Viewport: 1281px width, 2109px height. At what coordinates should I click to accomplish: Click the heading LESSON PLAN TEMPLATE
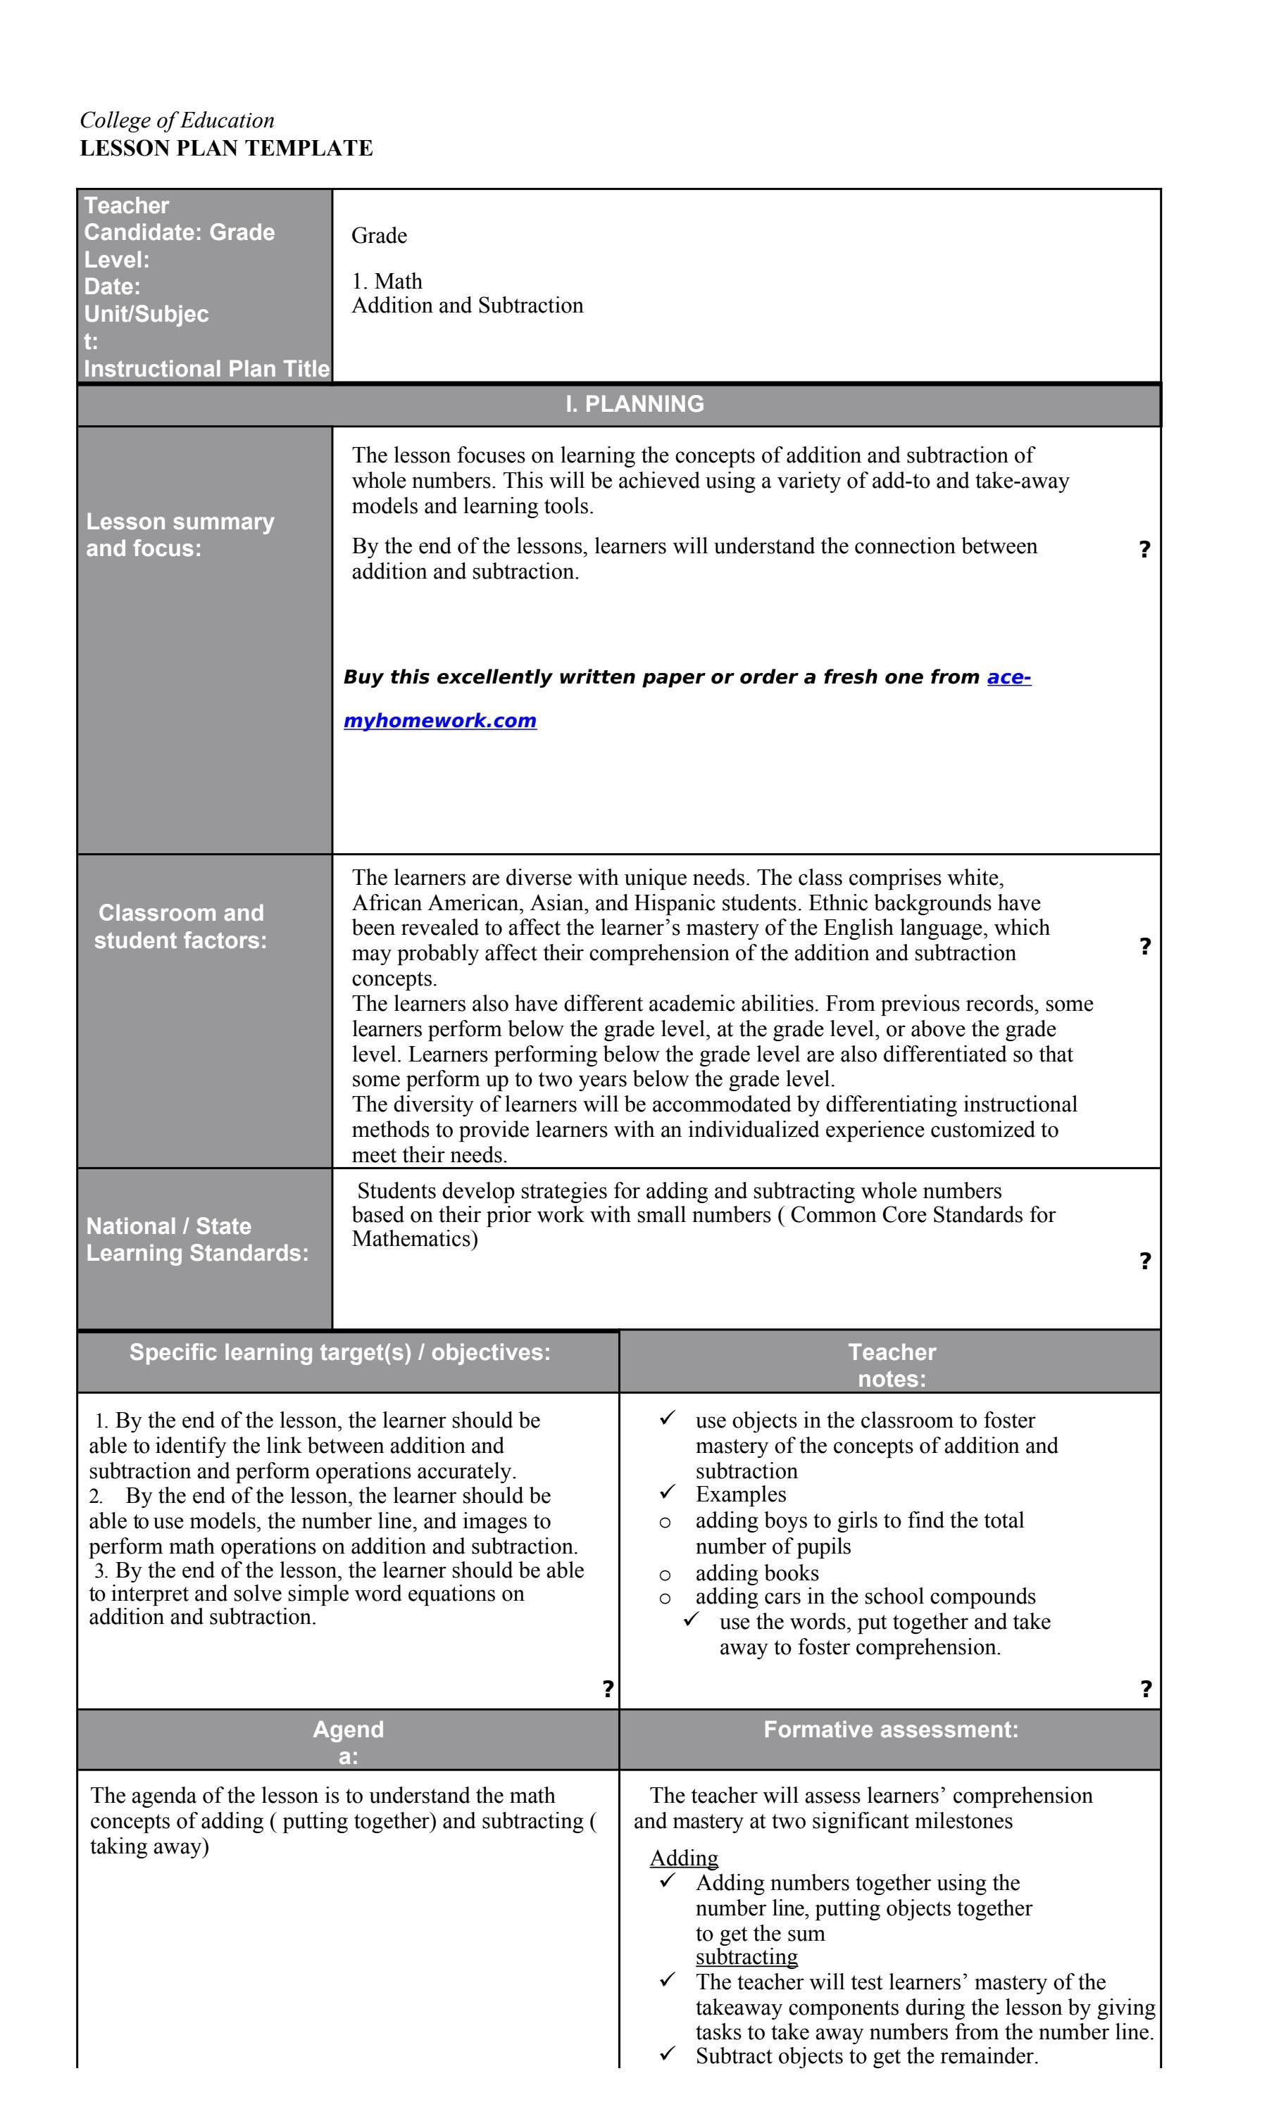(226, 148)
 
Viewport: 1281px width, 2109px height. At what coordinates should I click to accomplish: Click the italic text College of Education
(177, 120)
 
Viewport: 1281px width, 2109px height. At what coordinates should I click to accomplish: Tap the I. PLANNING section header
(634, 404)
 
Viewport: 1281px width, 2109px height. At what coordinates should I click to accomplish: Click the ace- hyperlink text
(1008, 677)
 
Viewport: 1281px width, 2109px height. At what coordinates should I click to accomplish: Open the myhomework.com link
(439, 721)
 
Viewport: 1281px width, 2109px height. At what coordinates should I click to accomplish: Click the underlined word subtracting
(746, 1957)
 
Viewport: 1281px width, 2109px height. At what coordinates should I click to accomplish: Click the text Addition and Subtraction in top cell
(467, 306)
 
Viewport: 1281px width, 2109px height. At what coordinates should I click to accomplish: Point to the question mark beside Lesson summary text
(1144, 550)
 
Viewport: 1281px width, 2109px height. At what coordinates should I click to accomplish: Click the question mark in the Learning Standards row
(1144, 1261)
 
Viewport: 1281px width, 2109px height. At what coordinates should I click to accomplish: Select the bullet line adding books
(756, 1573)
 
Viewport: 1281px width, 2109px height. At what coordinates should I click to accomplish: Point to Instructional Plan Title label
(206, 369)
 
